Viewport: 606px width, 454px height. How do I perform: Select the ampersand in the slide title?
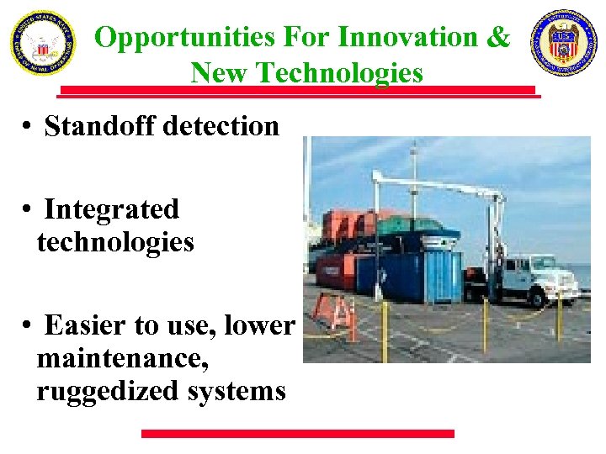click(499, 37)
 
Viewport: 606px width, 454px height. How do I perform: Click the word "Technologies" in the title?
click(342, 73)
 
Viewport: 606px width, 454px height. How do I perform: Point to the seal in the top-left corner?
click(42, 43)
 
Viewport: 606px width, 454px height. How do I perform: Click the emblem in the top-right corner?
click(563, 43)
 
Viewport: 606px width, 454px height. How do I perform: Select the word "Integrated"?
click(111, 209)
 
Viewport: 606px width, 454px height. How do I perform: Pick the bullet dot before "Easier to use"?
click(28, 325)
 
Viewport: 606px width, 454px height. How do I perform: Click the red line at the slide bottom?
click(297, 434)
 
